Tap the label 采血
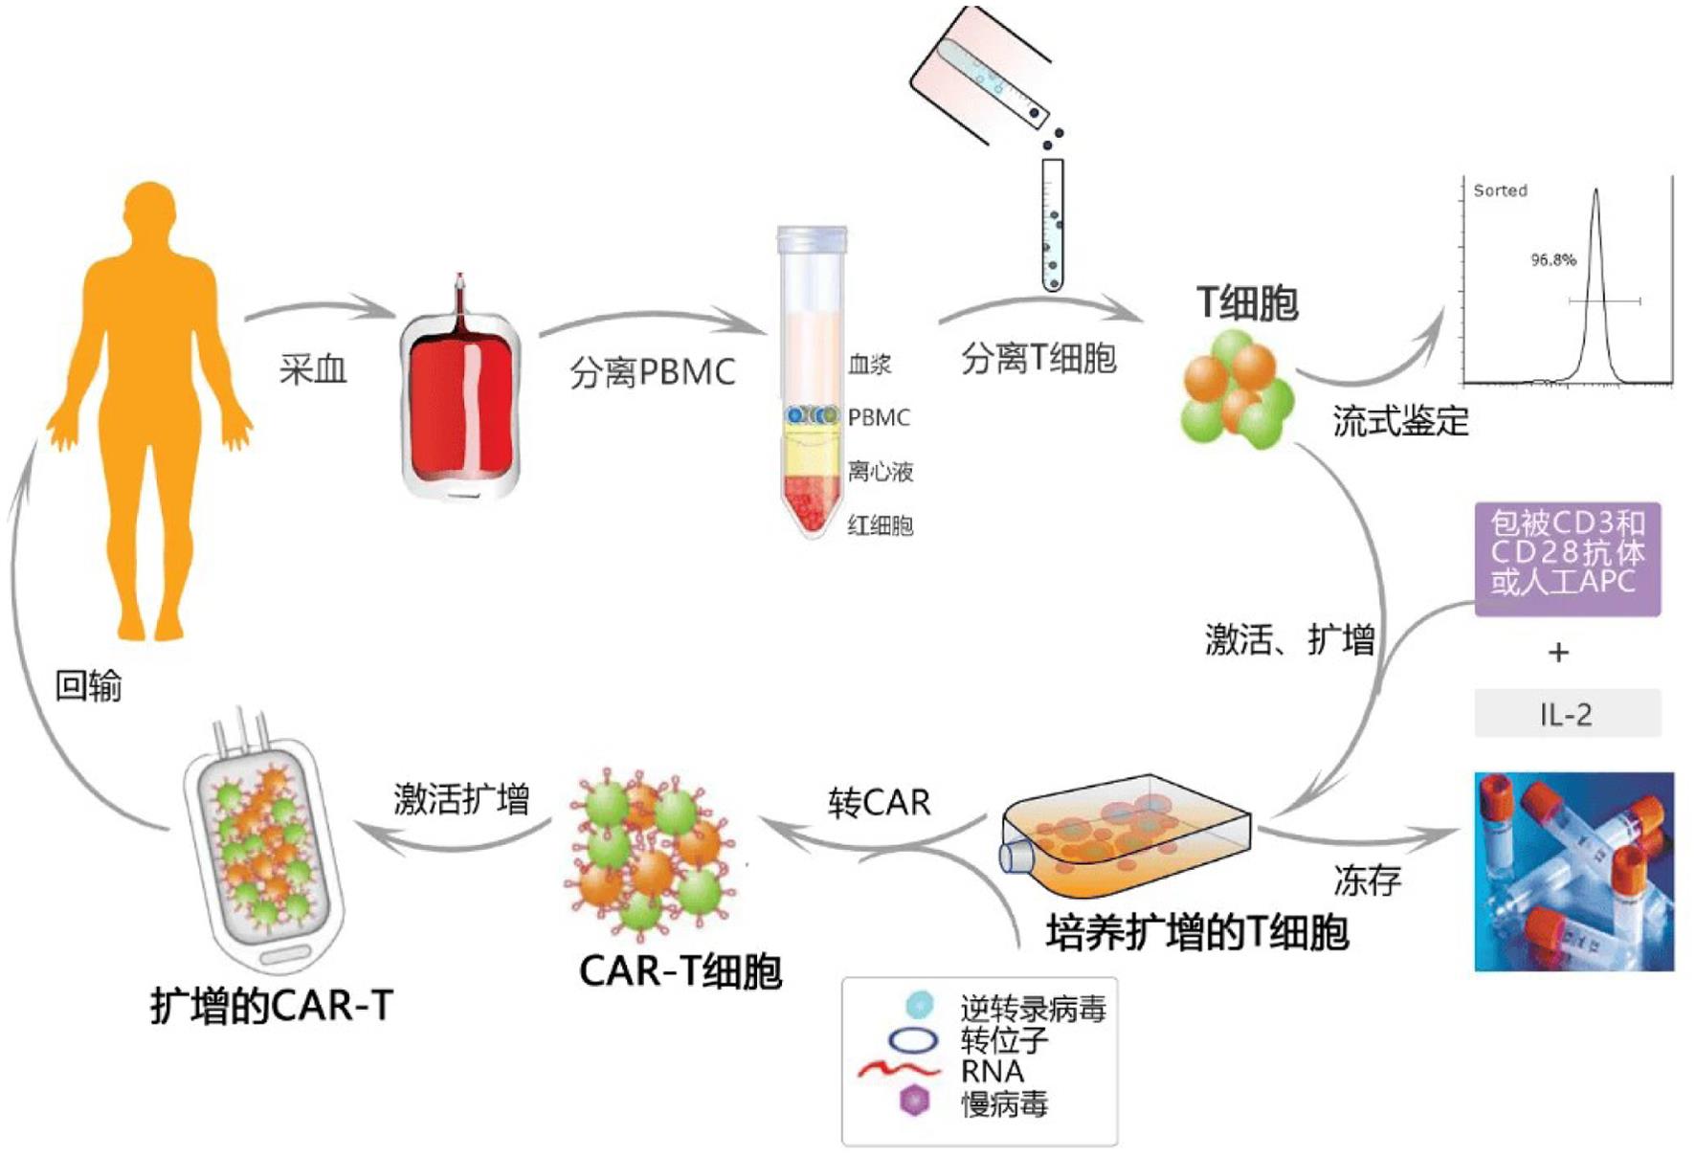pos(313,369)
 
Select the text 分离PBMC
pos(652,372)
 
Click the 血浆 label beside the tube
pos(869,364)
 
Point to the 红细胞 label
pos(880,525)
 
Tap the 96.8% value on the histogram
pos(1552,259)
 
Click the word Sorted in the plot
pos(1500,190)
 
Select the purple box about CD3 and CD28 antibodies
pos(1567,558)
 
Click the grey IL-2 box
pos(1567,714)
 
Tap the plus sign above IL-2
pos(1558,653)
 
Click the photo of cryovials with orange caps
pos(1573,871)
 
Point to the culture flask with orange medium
pos(1125,833)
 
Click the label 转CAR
pos(879,802)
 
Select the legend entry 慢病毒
pos(1004,1104)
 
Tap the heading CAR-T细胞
pos(681,971)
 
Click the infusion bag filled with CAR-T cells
pos(263,842)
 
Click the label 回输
pos(88,685)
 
